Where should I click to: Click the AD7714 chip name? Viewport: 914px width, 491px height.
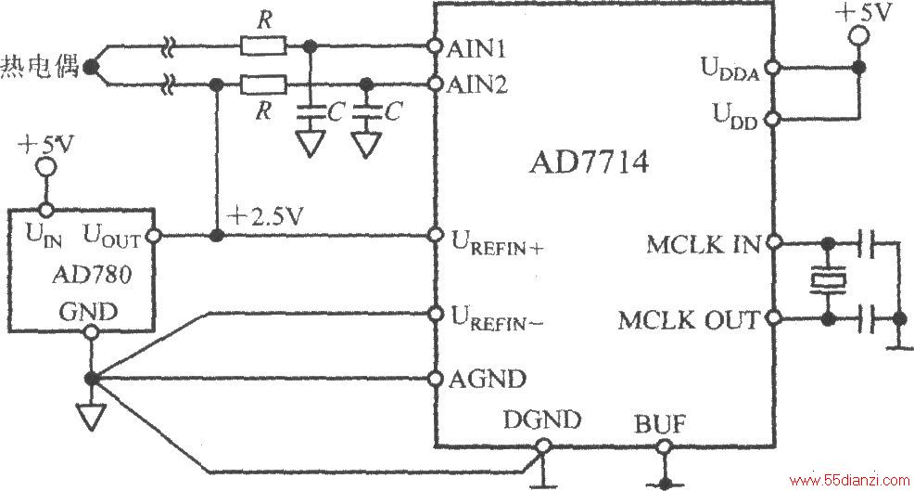[589, 162]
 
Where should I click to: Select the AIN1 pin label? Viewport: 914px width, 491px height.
[476, 49]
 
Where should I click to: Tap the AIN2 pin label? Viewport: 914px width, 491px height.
[477, 85]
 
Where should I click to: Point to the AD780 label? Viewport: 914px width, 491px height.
[92, 274]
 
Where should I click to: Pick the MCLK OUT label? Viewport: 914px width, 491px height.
[690, 320]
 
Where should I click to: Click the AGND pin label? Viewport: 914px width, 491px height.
[488, 379]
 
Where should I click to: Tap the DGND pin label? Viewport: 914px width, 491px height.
[542, 420]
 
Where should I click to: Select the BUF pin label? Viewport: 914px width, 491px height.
[660, 424]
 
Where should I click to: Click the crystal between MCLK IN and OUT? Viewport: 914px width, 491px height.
[827, 280]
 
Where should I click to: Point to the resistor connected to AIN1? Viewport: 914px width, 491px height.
[263, 45]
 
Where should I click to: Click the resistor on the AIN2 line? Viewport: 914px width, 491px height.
[263, 85]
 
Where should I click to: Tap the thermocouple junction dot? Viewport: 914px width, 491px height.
[89, 67]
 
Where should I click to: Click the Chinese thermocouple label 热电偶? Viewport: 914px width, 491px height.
[39, 66]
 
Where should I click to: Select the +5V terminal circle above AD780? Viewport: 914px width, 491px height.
[45, 168]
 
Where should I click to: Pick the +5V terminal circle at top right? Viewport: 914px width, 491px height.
[858, 36]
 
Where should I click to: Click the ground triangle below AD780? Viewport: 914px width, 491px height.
[91, 417]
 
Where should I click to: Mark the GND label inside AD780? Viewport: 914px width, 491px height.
[88, 312]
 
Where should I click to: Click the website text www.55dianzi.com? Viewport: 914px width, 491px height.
[849, 481]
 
